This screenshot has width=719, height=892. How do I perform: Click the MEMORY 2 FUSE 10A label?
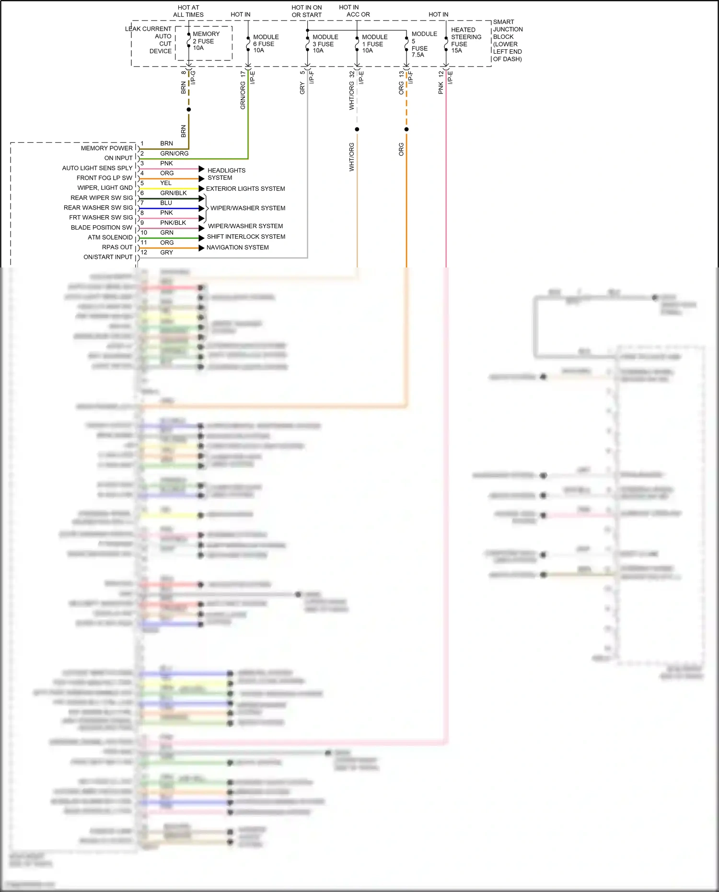[206, 41]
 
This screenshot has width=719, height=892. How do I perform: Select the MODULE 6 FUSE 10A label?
[266, 44]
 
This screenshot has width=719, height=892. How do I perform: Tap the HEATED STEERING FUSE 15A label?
[465, 40]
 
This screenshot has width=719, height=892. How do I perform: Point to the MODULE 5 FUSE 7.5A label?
[424, 44]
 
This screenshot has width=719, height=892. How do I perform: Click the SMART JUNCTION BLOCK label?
[508, 40]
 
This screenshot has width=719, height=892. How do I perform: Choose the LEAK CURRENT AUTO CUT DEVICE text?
[149, 40]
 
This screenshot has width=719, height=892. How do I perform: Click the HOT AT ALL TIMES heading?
[188, 11]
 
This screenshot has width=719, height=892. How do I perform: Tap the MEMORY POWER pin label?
[106, 148]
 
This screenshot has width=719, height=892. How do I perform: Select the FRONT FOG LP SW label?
[104, 178]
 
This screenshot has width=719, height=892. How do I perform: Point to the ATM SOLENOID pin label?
[110, 237]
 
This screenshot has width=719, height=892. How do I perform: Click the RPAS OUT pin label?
[117, 247]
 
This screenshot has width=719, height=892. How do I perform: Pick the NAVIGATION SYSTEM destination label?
[237, 247]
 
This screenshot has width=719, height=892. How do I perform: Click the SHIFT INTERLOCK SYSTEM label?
[246, 237]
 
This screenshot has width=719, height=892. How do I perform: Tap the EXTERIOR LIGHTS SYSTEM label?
[245, 189]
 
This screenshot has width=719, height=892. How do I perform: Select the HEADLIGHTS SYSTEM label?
[226, 174]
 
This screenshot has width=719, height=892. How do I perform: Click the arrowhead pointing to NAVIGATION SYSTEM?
[201, 248]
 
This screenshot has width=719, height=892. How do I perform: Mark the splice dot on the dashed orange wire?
[406, 129]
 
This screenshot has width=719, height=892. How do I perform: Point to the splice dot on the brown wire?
[189, 110]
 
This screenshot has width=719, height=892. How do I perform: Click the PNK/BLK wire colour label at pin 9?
[173, 223]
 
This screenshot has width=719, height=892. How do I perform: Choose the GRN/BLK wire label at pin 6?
[174, 193]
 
